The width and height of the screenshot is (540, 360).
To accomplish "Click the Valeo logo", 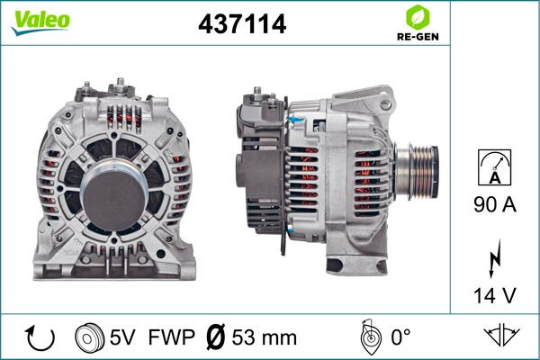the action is pos(40,22).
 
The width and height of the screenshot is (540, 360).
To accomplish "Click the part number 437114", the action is pos(242,23).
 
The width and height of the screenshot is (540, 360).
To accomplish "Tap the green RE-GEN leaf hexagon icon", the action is pos(418,17).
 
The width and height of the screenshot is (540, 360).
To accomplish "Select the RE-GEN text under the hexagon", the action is pos(418,37).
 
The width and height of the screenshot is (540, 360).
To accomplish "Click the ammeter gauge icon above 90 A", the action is pos(494,167).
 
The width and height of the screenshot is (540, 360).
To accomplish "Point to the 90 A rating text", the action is pos(495,204).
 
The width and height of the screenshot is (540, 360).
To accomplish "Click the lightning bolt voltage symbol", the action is pos(495,258).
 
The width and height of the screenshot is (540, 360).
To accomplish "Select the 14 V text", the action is pos(495,295).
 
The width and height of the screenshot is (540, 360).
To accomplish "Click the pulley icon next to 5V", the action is pos(89,337).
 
